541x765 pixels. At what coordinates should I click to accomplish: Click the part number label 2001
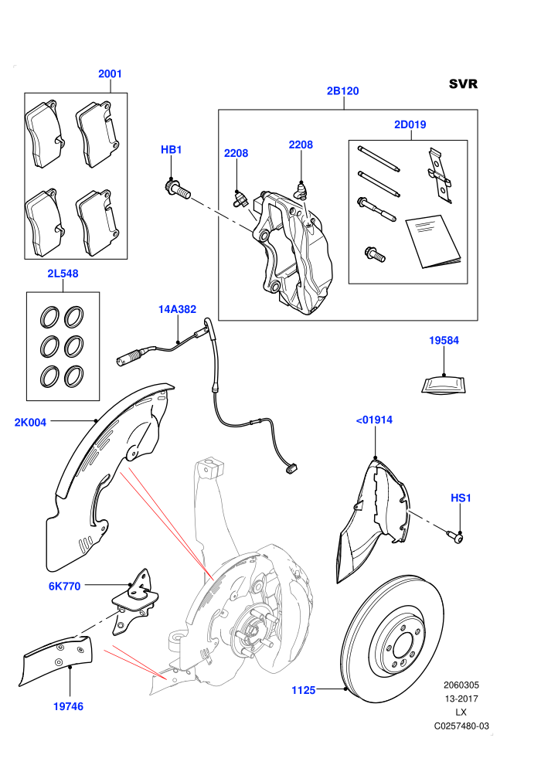pyautogui.click(x=110, y=73)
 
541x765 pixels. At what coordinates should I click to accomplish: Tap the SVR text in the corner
pyautogui.click(x=463, y=84)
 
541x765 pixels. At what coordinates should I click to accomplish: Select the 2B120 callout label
pyautogui.click(x=342, y=90)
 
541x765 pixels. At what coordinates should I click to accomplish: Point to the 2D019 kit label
pyautogui.click(x=410, y=124)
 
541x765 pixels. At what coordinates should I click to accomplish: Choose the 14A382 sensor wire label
pyautogui.click(x=177, y=309)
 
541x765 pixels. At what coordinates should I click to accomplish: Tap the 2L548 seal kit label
pyautogui.click(x=63, y=274)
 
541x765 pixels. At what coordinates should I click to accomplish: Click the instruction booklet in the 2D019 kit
pyautogui.click(x=433, y=242)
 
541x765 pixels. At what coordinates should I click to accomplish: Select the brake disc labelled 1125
pyautogui.click(x=391, y=638)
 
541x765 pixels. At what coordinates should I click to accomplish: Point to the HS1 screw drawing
pyautogui.click(x=454, y=536)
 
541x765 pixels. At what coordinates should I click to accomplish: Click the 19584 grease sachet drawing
pyautogui.click(x=444, y=385)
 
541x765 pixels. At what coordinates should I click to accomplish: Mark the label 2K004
pyautogui.click(x=30, y=422)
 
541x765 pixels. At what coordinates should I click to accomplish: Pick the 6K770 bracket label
pyautogui.click(x=64, y=586)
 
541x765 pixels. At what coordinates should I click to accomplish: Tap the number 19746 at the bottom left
pyautogui.click(x=68, y=706)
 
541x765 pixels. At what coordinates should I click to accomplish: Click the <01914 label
pyautogui.click(x=374, y=420)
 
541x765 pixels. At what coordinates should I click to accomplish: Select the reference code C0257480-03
pyautogui.click(x=461, y=726)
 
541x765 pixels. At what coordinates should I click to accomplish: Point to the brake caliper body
pyautogui.click(x=293, y=253)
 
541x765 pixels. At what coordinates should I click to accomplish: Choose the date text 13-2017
pyautogui.click(x=461, y=699)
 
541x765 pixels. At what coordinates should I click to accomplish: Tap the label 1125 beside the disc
pyautogui.click(x=304, y=690)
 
